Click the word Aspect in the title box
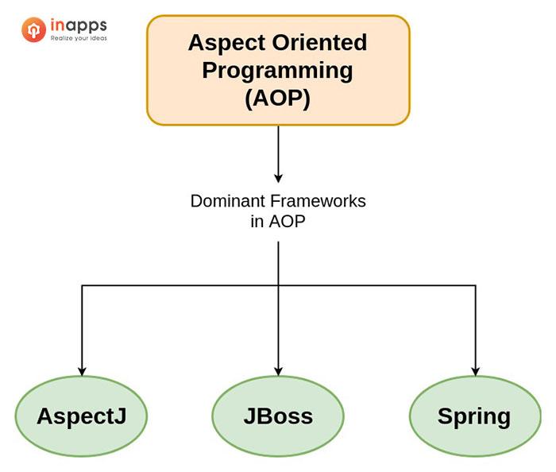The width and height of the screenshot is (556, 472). pos(222,42)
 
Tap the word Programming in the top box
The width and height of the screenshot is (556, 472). pos(277,70)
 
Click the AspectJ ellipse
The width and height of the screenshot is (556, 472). pos(81,416)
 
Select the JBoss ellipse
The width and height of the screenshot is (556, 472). pos(278,416)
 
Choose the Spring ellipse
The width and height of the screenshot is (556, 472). pos(474,416)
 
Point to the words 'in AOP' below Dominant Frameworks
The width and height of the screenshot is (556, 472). pos(277,222)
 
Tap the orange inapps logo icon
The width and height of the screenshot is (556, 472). pos(33,30)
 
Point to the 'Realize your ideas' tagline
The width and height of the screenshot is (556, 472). pos(78,37)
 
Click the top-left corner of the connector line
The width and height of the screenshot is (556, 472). pos(81,284)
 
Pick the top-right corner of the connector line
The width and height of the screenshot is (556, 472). pos(475,284)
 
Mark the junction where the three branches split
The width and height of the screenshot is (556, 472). pos(278,284)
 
